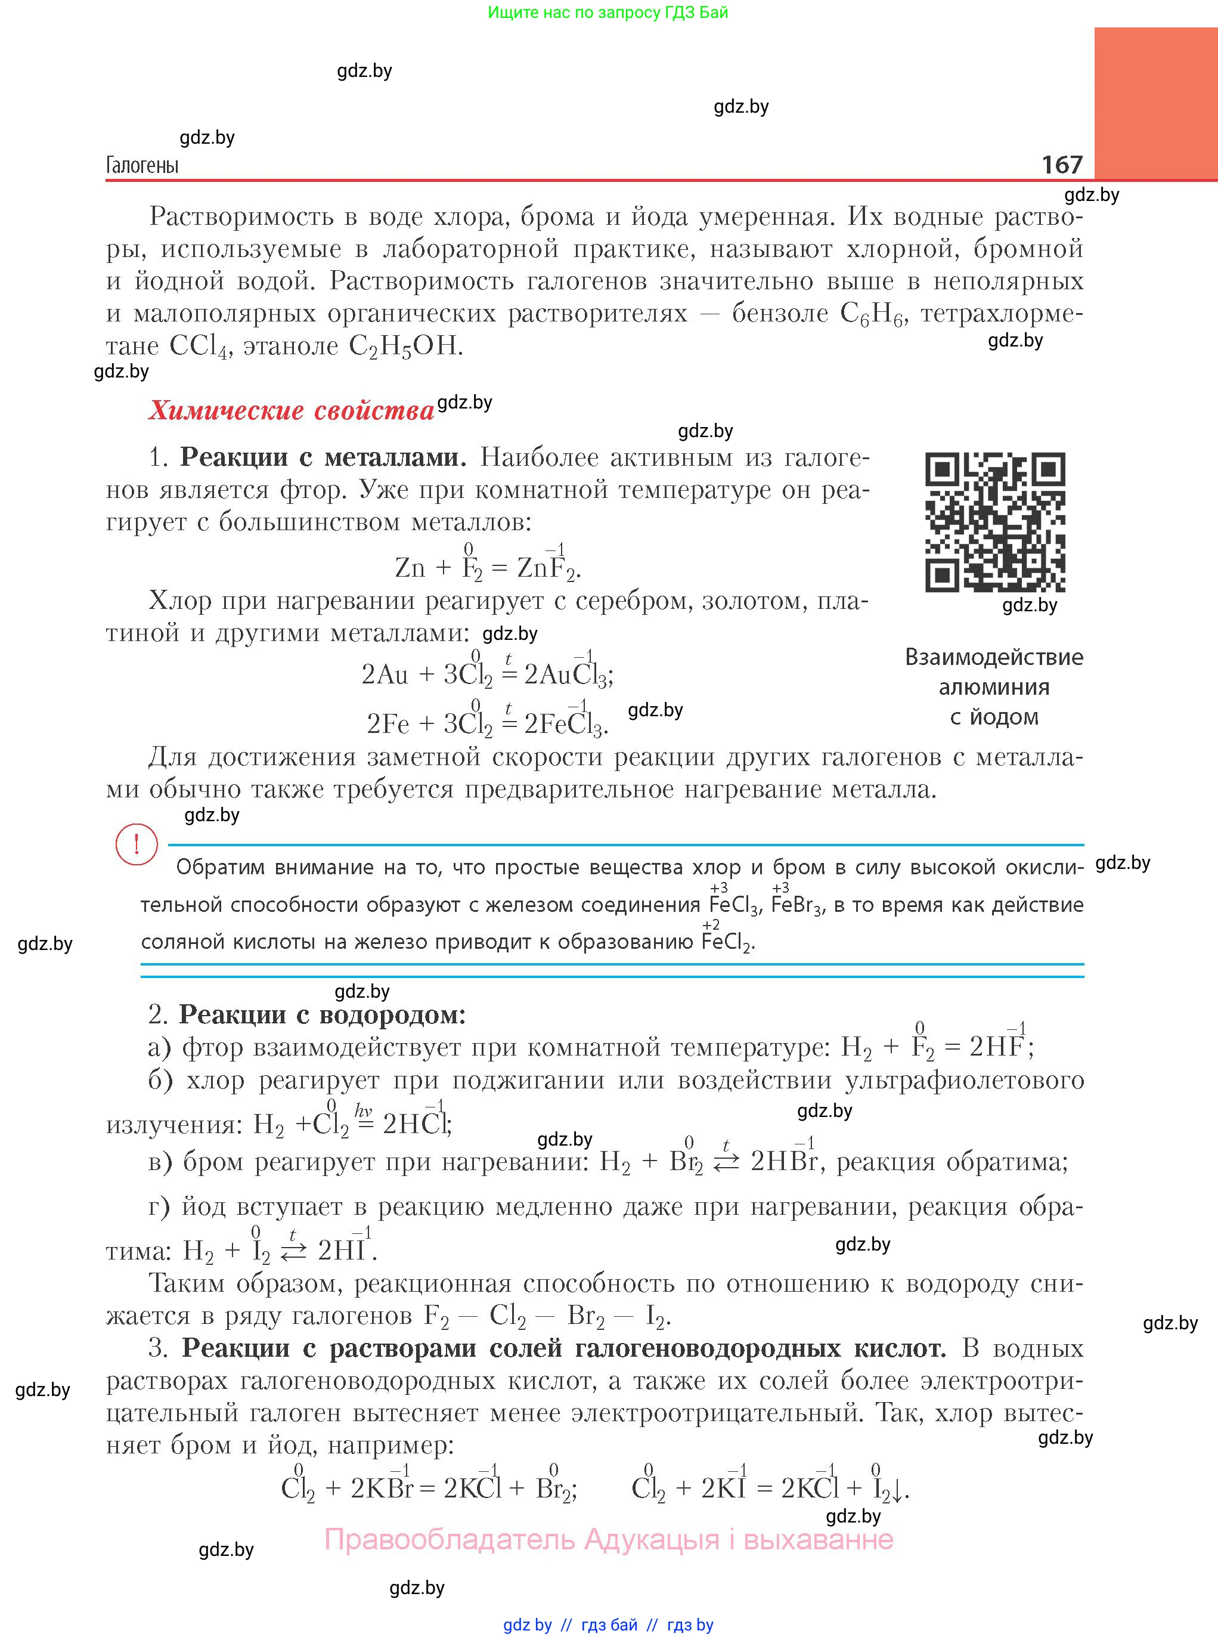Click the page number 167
pyautogui.click(x=1062, y=164)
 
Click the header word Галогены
pyautogui.click(x=142, y=165)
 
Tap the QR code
pyautogui.click(x=994, y=522)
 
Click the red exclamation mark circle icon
pyautogui.click(x=137, y=845)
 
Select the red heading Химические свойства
pyautogui.click(x=291, y=411)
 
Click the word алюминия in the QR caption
pyautogui.click(x=994, y=687)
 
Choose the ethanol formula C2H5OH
pyautogui.click(x=405, y=346)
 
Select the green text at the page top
pyautogui.click(x=608, y=13)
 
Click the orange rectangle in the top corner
pyautogui.click(x=1155, y=103)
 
